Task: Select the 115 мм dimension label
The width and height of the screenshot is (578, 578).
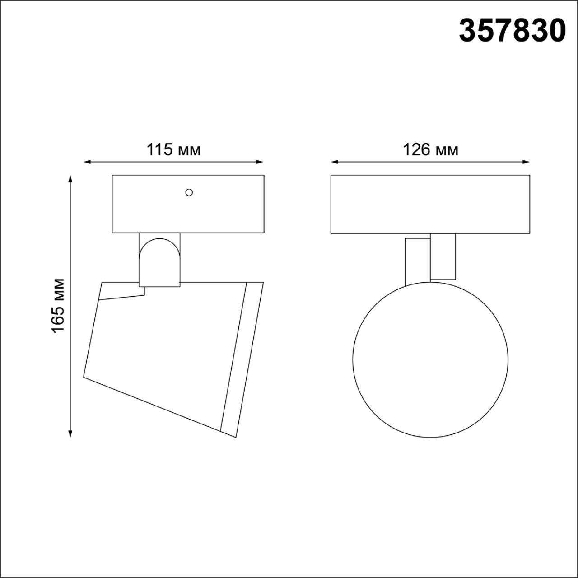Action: pyautogui.click(x=173, y=149)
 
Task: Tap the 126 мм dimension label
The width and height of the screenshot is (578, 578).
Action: pyautogui.click(x=430, y=149)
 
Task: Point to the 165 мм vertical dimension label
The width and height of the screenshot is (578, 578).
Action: pyautogui.click(x=58, y=306)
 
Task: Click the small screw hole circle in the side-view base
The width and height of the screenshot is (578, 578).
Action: pyautogui.click(x=189, y=192)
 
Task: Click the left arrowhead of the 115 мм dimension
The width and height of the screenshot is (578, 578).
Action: pyautogui.click(x=87, y=162)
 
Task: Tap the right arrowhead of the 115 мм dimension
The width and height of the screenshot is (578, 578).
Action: pyautogui.click(x=260, y=162)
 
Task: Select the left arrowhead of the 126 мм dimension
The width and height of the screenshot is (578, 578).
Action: pyautogui.click(x=335, y=162)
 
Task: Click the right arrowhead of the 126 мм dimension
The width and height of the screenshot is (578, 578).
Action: pyautogui.click(x=526, y=162)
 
